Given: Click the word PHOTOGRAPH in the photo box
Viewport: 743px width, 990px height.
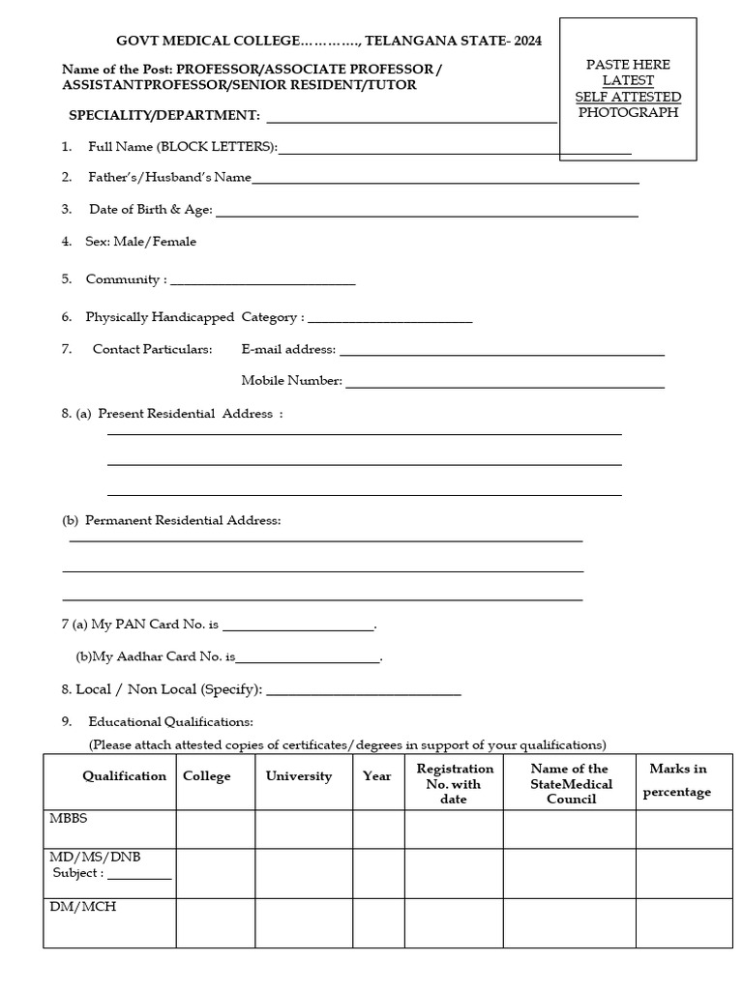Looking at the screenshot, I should [x=628, y=112].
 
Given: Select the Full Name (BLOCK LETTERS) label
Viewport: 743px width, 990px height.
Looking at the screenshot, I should [x=183, y=147].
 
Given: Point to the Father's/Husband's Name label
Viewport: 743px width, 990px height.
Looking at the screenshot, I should [x=169, y=178].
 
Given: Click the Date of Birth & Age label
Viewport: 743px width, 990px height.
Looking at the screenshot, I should [x=151, y=210].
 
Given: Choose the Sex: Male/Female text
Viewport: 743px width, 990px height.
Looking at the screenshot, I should [x=140, y=242].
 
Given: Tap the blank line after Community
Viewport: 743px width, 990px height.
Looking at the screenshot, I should [x=262, y=282].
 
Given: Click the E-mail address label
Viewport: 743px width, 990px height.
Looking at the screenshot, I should [x=288, y=349].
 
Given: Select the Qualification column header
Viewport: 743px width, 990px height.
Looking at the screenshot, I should [x=124, y=776].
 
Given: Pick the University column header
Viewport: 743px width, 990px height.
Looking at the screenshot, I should [x=298, y=776].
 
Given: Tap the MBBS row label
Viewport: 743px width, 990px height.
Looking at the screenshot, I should [x=69, y=818].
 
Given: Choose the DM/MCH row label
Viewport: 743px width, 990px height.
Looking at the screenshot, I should [x=83, y=907].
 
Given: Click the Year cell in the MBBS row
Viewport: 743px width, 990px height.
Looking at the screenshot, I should [x=377, y=830].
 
